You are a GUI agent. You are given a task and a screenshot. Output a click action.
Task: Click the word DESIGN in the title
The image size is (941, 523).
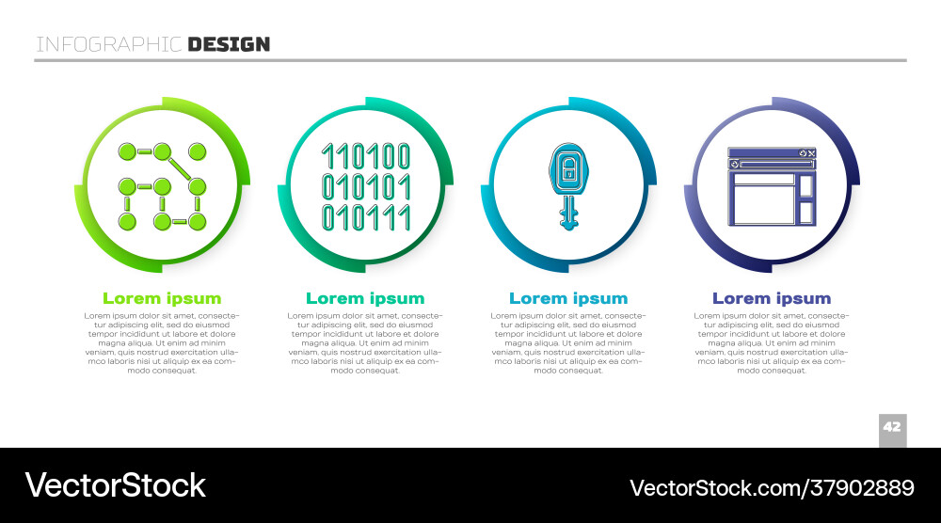click(229, 44)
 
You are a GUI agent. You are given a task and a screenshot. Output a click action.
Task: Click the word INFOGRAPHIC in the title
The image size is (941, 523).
click(108, 44)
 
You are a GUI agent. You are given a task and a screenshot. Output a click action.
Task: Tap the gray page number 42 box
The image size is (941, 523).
click(892, 430)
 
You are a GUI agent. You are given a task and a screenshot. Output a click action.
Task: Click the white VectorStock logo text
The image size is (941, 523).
click(115, 485)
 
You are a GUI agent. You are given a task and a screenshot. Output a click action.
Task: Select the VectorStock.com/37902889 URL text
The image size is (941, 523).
click(772, 488)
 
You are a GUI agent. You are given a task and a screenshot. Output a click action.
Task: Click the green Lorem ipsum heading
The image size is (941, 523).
click(162, 298)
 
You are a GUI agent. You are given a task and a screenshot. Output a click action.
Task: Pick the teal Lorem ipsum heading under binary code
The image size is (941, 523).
click(365, 298)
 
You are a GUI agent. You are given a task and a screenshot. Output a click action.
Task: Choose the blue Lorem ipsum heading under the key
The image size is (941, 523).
click(568, 298)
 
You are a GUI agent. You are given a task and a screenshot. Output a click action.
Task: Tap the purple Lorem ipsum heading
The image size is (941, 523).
click(772, 298)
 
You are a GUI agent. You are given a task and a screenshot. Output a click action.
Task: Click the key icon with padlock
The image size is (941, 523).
click(568, 186)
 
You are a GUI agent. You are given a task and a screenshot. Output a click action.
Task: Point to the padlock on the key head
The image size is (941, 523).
click(568, 170)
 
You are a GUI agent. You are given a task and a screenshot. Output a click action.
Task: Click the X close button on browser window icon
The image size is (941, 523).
click(811, 153)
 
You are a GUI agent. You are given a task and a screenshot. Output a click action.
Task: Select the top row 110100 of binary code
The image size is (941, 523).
click(366, 156)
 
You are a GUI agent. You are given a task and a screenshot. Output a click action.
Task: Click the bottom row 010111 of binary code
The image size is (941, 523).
click(366, 217)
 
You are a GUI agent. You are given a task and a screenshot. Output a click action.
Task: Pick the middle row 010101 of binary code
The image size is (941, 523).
click(366, 186)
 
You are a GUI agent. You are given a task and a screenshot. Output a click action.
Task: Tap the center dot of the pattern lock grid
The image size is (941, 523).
click(162, 187)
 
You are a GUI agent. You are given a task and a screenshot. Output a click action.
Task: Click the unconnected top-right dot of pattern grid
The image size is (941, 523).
click(198, 151)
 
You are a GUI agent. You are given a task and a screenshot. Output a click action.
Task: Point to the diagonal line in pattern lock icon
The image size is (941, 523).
click(180, 169)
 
